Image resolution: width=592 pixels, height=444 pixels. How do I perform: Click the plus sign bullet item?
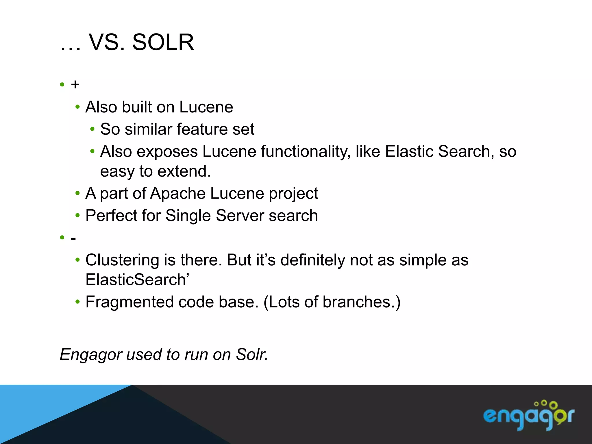(75, 85)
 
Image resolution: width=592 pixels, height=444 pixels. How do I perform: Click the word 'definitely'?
(312, 260)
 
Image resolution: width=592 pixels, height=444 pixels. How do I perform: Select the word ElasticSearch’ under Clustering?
(137, 280)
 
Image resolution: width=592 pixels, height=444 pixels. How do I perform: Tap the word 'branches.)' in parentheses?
(361, 302)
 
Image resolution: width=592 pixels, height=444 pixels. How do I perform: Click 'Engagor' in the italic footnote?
(91, 355)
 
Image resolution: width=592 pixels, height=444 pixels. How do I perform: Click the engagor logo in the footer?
(528, 416)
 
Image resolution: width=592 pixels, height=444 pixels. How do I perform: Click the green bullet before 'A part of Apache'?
(77, 193)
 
